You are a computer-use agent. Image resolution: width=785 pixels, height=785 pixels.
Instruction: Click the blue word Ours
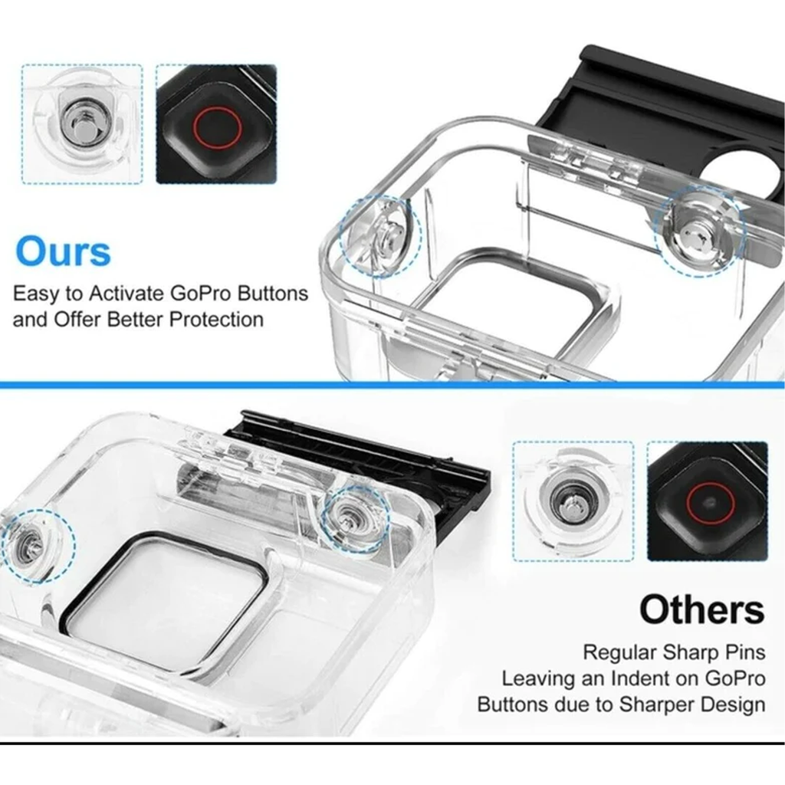pos(63,251)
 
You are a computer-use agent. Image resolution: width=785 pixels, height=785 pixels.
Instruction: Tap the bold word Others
pos(701,609)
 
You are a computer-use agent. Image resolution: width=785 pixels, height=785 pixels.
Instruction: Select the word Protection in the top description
pos(215,319)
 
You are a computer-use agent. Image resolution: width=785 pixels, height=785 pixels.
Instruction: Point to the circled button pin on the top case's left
pos(381,235)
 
